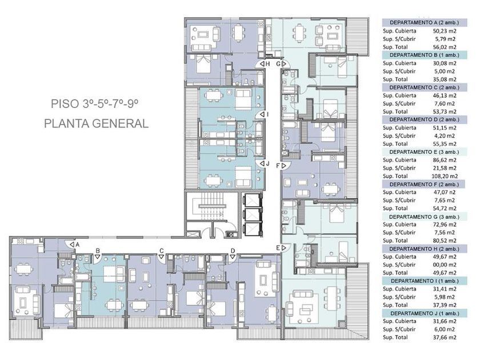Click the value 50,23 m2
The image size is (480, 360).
click(444, 30)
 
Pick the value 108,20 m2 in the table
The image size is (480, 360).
click(443, 177)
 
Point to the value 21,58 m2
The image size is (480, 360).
click(444, 169)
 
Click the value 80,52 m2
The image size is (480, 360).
click(444, 242)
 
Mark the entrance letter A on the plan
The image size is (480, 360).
click(77, 244)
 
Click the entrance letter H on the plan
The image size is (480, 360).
click(267, 64)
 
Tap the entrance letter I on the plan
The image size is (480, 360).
click(267, 114)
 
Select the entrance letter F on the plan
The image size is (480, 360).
click(278, 165)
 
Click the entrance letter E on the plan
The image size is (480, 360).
click(278, 247)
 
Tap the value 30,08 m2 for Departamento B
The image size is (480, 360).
click(444, 63)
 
